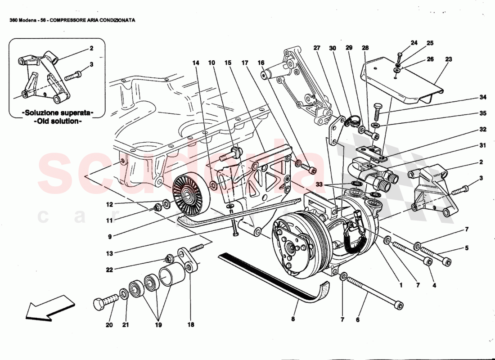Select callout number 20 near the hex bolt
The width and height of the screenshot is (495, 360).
click(x=108, y=325)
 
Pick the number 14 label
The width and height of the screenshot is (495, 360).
click(x=195, y=63)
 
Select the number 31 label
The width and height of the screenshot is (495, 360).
click(x=470, y=146)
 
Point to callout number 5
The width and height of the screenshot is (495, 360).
click(x=467, y=248)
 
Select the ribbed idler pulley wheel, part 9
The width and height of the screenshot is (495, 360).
click(x=186, y=195)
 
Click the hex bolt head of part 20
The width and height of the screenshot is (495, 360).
click(x=99, y=304)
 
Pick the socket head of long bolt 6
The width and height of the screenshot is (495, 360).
click(x=397, y=306)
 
